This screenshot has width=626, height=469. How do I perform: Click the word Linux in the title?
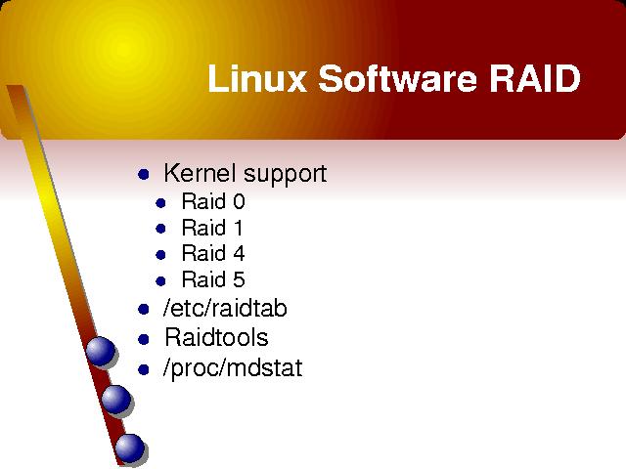pyautogui.click(x=257, y=78)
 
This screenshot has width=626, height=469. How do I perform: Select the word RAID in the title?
pyautogui.click(x=535, y=78)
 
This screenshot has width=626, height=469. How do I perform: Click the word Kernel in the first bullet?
pyautogui.click(x=201, y=173)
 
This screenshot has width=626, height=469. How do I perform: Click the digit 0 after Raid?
pyautogui.click(x=239, y=201)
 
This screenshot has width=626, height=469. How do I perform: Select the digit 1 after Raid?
pyautogui.click(x=238, y=228)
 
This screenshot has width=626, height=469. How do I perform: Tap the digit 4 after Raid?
pyautogui.click(x=239, y=253)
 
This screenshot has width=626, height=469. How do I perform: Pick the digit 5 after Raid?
pyautogui.click(x=239, y=279)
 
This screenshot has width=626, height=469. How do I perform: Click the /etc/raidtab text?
pyautogui.click(x=225, y=309)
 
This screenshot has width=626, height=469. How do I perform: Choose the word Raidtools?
pyautogui.click(x=216, y=337)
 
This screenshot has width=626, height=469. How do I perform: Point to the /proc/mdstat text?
pyautogui.click(x=233, y=368)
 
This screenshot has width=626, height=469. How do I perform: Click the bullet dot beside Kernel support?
pyautogui.click(x=144, y=174)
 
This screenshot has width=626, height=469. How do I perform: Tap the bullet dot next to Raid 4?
pyautogui.click(x=160, y=255)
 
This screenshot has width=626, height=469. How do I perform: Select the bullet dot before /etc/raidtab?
pyautogui.click(x=144, y=309)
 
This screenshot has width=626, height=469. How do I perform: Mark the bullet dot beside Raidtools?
pyautogui.click(x=144, y=339)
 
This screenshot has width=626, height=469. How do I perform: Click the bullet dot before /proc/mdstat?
pyautogui.click(x=144, y=369)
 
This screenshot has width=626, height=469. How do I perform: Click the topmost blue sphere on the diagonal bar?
pyautogui.click(x=100, y=351)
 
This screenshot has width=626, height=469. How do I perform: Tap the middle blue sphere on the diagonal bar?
pyautogui.click(x=115, y=400)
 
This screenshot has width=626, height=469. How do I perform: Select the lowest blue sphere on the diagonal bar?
pyautogui.click(x=130, y=448)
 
